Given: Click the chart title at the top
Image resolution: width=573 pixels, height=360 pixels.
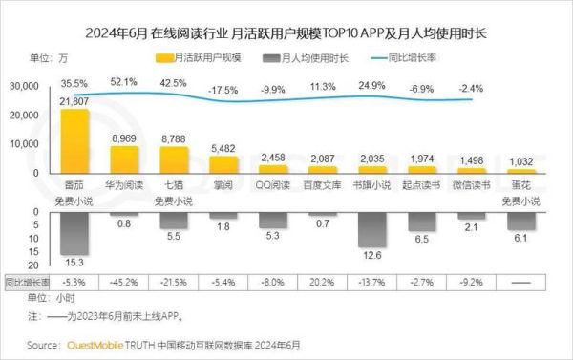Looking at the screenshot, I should coord(286,33).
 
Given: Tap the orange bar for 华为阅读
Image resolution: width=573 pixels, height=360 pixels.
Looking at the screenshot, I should coord(124,160).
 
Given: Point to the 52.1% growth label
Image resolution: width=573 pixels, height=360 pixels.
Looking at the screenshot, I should coord(124,82).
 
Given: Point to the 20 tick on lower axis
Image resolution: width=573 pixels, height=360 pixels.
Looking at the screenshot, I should coord(32,265).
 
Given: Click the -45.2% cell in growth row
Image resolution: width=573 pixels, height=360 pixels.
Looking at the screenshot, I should coord(124,283).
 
